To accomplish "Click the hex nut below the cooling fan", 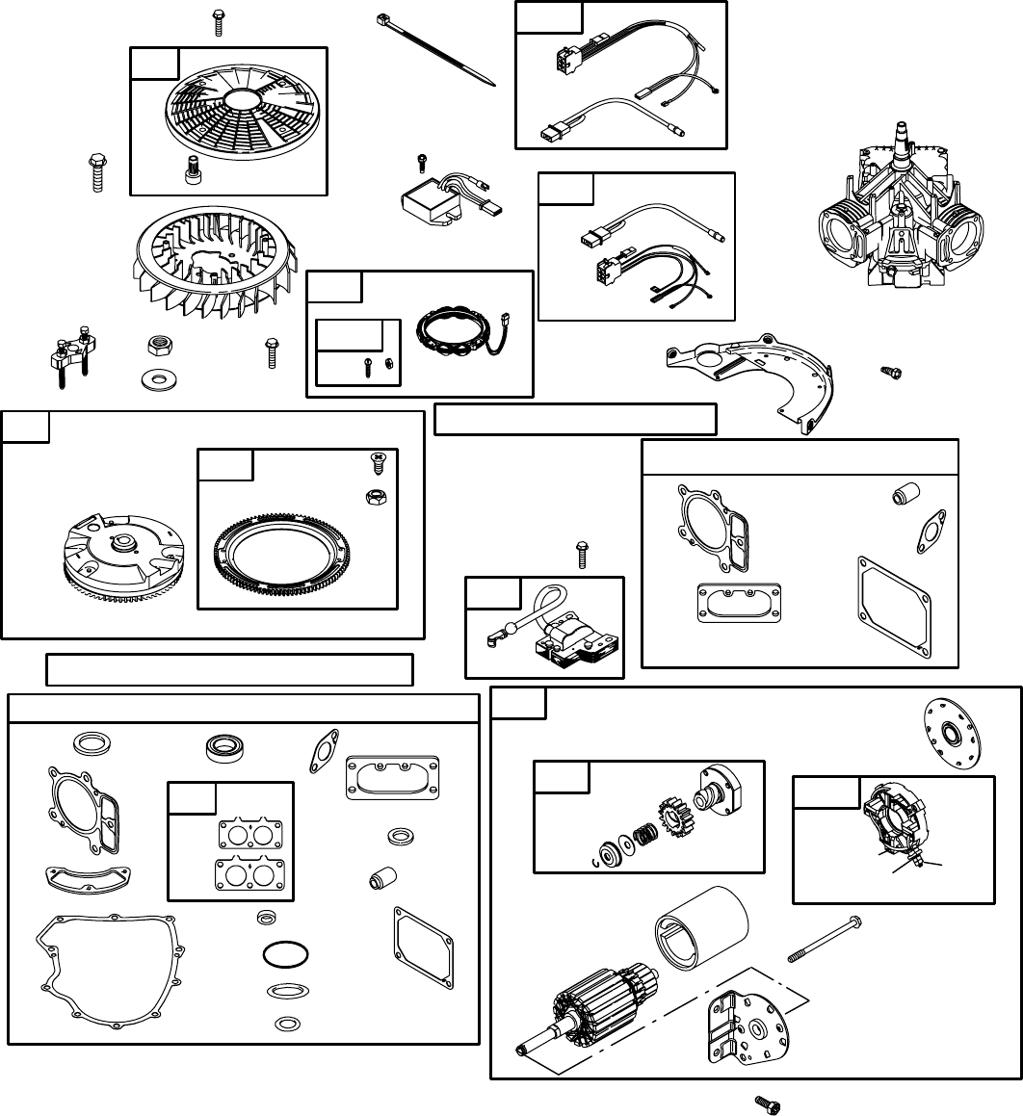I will click(x=155, y=345).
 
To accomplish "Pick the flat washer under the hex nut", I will click(x=155, y=375).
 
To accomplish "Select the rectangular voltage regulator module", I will click(x=429, y=204).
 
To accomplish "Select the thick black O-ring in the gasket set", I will click(x=286, y=954).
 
